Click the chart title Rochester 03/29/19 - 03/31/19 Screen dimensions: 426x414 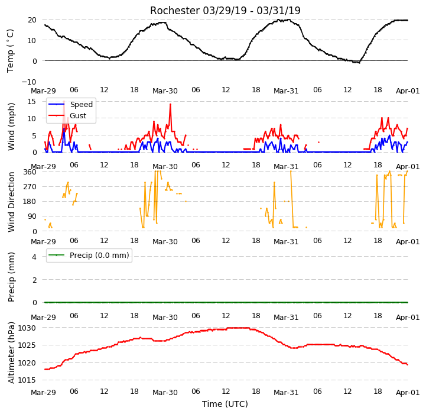point(225,11)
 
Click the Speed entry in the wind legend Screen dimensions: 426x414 point(81,105)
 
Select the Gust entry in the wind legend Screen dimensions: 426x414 point(78,115)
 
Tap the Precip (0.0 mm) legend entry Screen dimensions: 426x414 point(99,255)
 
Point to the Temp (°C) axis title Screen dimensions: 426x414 point(10,51)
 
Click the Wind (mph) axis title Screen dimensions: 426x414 point(11,127)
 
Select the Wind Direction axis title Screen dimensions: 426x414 point(11,202)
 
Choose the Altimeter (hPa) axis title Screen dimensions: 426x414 point(11,353)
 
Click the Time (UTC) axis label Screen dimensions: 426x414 point(225,404)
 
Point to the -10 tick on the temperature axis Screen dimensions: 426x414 point(29,82)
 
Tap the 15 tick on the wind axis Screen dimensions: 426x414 point(31,102)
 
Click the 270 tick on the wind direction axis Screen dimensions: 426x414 point(30,187)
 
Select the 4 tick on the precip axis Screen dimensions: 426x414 point(34,257)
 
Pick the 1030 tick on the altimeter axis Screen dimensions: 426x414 point(27,328)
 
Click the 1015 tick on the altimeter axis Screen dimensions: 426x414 point(27,380)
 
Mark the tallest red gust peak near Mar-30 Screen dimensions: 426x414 point(170,104)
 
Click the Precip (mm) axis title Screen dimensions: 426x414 point(11,277)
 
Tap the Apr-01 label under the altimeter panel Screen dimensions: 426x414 point(408,393)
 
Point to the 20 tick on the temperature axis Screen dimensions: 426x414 point(32,20)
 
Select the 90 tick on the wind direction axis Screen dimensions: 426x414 point(32,216)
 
